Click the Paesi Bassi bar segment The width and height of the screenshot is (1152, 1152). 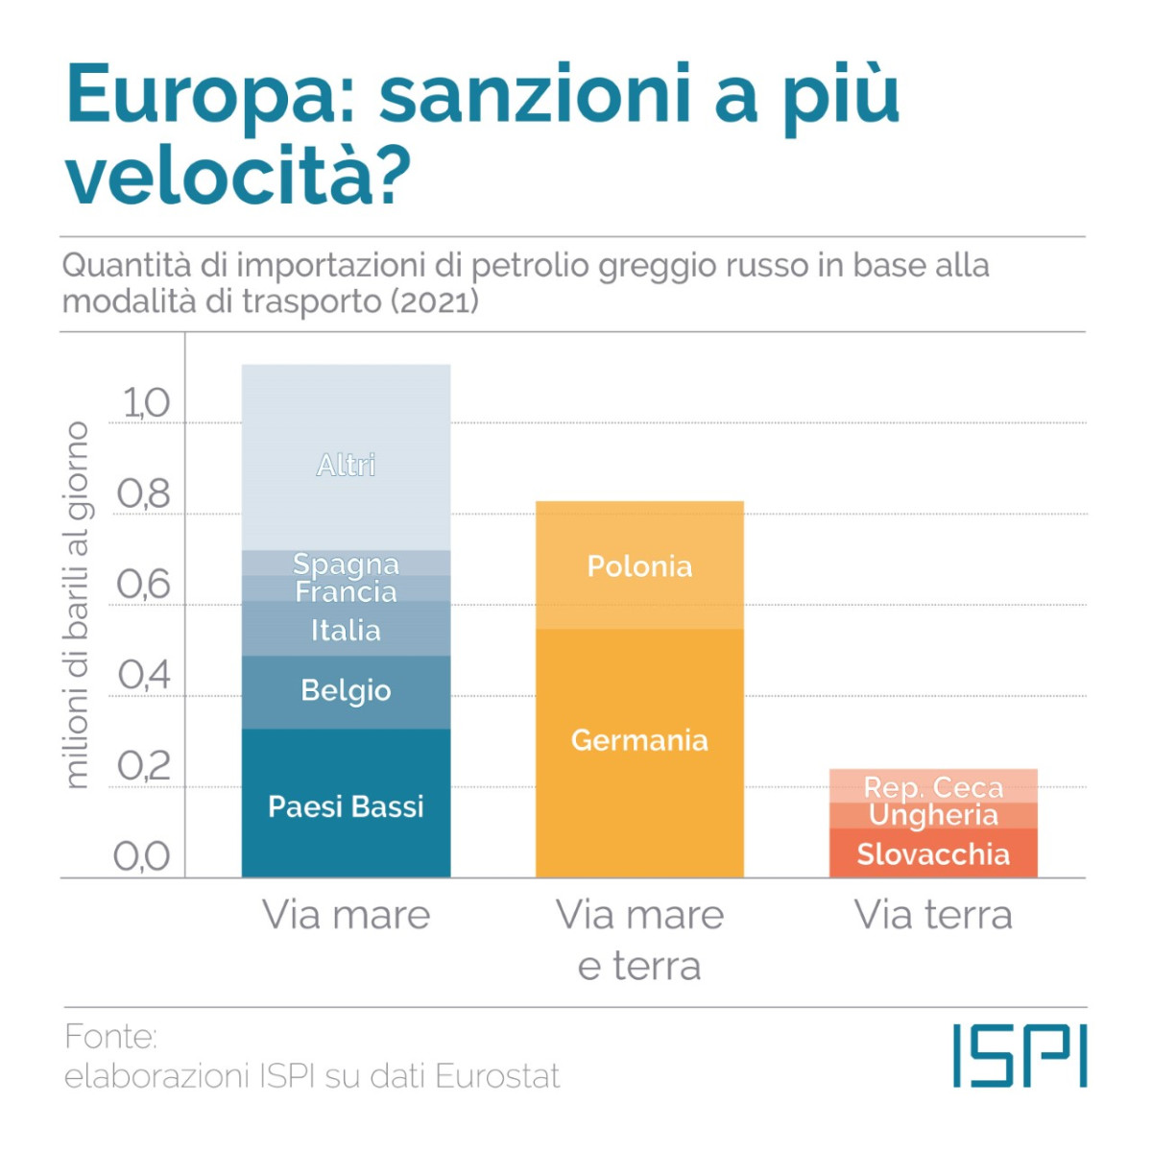tap(346, 804)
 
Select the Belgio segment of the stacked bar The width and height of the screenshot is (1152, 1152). tap(346, 691)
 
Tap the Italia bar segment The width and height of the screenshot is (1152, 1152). tap(346, 630)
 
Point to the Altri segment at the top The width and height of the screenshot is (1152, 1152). tap(346, 465)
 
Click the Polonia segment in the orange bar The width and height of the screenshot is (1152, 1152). tap(639, 565)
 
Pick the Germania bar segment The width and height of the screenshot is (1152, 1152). tap(639, 740)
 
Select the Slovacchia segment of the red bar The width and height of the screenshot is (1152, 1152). tap(933, 853)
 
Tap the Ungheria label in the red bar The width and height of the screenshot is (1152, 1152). tap(933, 815)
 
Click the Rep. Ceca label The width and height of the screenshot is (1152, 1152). tap(933, 787)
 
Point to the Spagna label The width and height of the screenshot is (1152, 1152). tap(346, 563)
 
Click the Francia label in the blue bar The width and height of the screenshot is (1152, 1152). tap(346, 590)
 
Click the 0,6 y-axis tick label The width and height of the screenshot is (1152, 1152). tap(143, 585)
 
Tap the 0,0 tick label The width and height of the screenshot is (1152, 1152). tap(141, 856)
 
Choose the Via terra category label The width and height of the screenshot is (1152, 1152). tap(933, 915)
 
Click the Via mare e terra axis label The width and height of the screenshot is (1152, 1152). tap(639, 940)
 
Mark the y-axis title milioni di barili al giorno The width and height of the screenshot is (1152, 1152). tap(75, 605)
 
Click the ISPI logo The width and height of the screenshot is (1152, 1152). tap(1020, 1055)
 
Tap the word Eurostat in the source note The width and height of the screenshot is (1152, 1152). tap(497, 1076)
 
